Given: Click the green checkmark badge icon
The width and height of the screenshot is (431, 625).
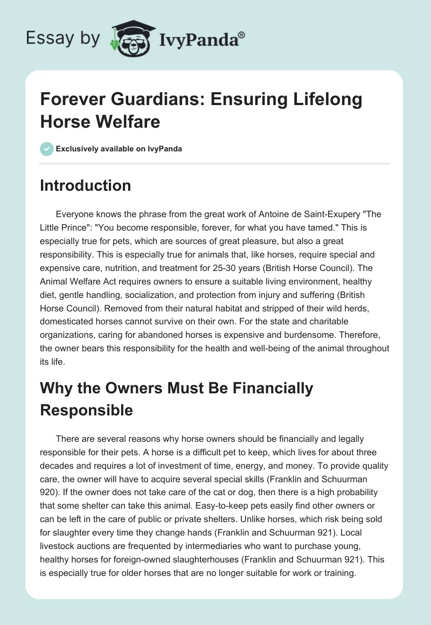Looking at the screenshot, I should (46, 149).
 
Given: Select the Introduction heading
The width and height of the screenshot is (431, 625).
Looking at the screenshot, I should (85, 185).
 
